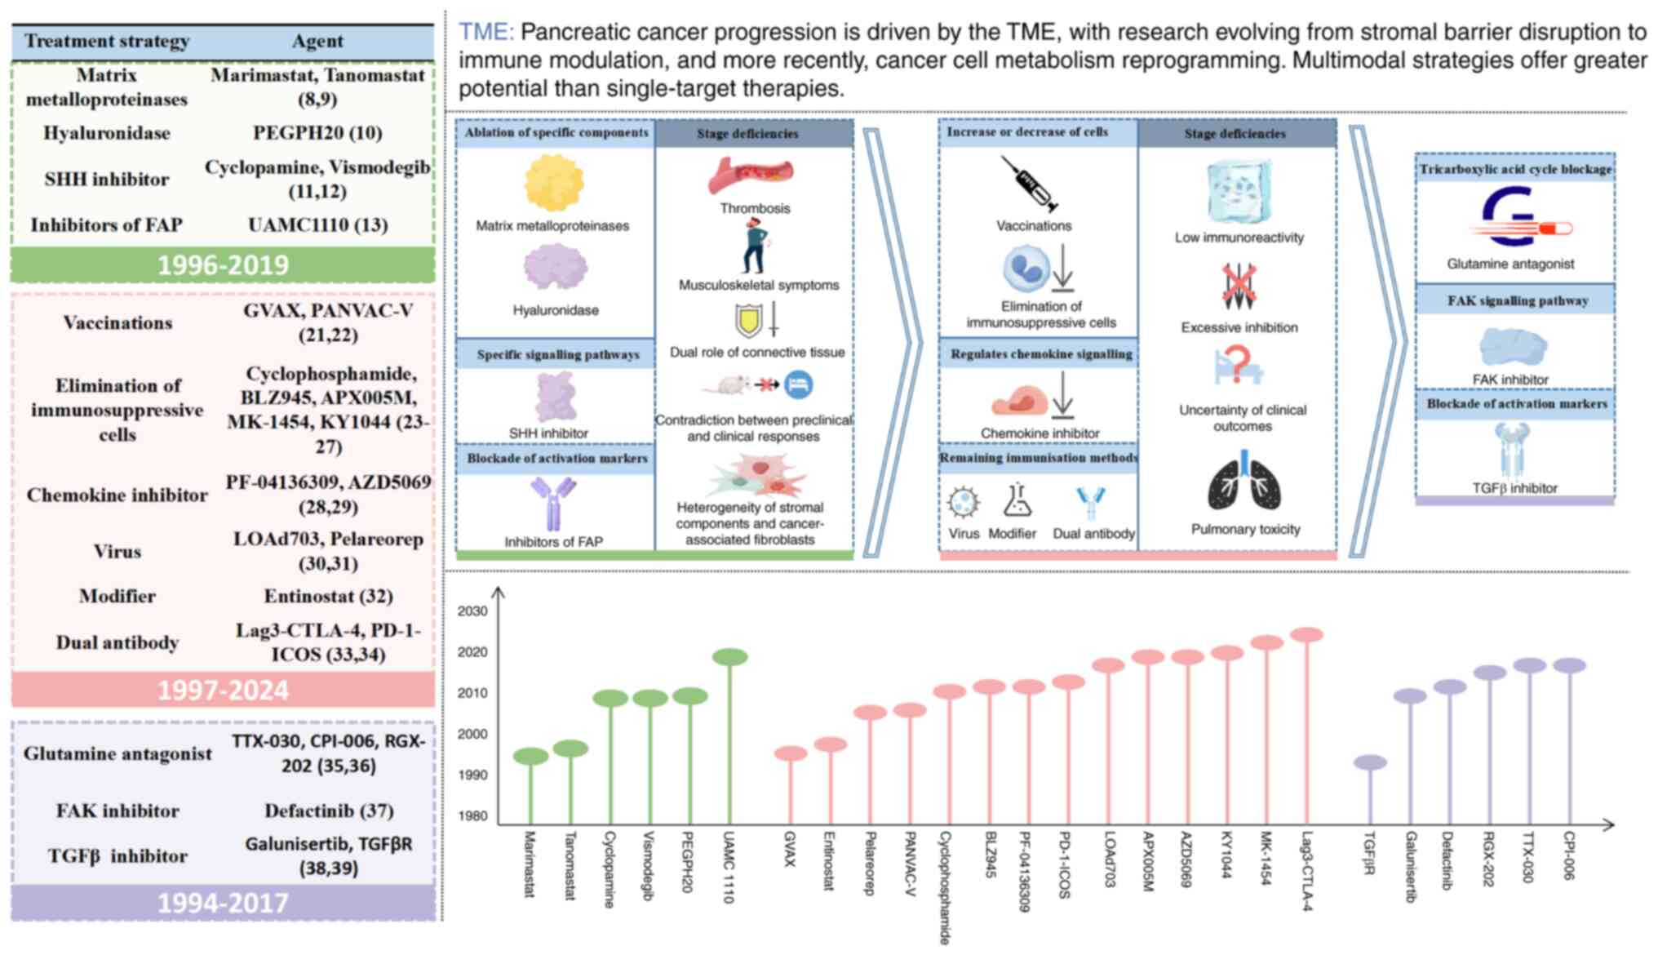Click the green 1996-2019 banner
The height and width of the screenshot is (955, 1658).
[x=223, y=265]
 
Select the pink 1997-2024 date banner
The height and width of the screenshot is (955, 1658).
[x=223, y=691]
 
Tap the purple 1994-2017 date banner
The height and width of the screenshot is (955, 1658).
[x=223, y=903]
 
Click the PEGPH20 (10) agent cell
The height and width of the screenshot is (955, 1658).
[x=317, y=132]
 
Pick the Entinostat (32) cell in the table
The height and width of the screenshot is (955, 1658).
[x=328, y=596]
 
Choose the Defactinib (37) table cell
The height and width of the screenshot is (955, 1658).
[x=328, y=811]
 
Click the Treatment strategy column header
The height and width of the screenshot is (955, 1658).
[x=106, y=41]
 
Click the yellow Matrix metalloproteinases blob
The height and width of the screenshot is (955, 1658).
[x=554, y=183]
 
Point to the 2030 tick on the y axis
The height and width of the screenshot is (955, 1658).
[x=472, y=611]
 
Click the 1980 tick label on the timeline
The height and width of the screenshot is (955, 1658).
[x=472, y=815]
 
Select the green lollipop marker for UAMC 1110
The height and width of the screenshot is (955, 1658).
[x=729, y=656]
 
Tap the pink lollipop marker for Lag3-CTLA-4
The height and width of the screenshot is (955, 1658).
[x=1306, y=634]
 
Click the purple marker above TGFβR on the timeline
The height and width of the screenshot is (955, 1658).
[x=1370, y=762]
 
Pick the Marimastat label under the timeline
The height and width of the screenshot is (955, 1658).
[x=530, y=864]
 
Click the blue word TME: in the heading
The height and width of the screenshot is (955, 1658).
[x=485, y=33]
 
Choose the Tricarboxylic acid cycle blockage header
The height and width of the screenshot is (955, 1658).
[x=1515, y=169]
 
